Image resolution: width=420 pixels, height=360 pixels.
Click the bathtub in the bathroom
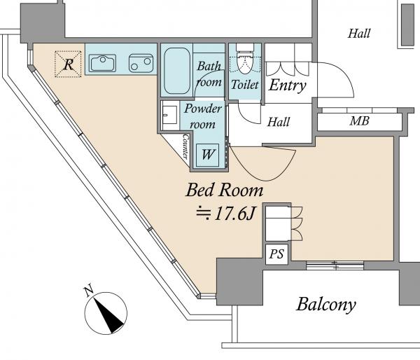click(x=176, y=72)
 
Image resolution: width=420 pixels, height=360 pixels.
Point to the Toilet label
click(x=245, y=85)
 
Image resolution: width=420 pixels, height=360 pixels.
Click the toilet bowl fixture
click(x=245, y=61)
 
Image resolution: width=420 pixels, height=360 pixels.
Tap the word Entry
click(x=287, y=86)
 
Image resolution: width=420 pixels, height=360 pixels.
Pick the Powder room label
click(x=203, y=115)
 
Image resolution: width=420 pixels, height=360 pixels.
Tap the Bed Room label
click(x=224, y=190)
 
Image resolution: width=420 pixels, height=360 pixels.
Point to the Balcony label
click(x=326, y=305)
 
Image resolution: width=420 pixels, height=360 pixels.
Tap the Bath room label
click(x=209, y=74)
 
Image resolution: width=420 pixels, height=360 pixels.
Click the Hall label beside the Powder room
click(x=279, y=122)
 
